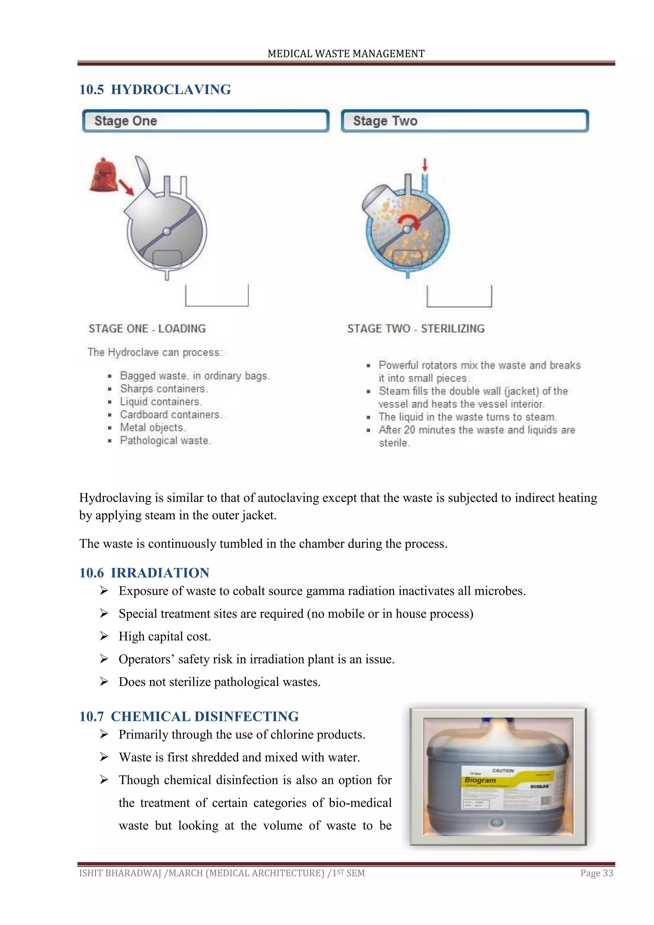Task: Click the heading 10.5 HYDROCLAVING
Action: (155, 89)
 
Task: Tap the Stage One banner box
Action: (205, 121)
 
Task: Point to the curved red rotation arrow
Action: (409, 220)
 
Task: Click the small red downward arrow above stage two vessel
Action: (424, 164)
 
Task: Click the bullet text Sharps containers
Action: (163, 389)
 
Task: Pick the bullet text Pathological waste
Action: (165, 440)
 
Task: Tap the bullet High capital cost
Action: (165, 636)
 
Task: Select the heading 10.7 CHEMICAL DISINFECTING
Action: (189, 716)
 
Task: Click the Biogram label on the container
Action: (480, 780)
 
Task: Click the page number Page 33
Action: (597, 873)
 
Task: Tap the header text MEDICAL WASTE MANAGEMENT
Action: (346, 54)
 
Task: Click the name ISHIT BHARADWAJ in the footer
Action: (120, 873)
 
